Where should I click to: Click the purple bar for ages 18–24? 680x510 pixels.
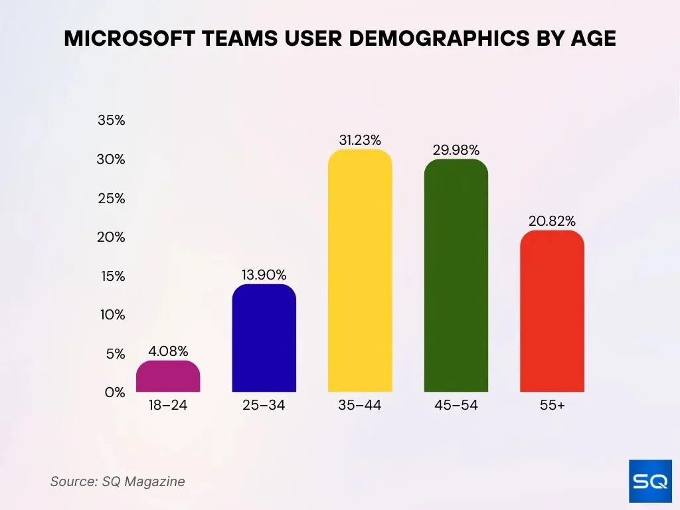click(x=168, y=376)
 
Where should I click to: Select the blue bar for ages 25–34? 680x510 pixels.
click(x=264, y=338)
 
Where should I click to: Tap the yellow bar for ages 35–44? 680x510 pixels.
click(x=360, y=271)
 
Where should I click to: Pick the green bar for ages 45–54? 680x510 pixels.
click(x=456, y=276)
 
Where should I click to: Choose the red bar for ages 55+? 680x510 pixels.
click(x=552, y=311)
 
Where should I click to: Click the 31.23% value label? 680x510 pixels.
click(x=360, y=140)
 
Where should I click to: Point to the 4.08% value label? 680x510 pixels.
click(x=167, y=351)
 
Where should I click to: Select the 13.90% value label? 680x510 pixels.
click(x=264, y=274)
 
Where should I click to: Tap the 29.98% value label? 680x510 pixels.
click(x=456, y=150)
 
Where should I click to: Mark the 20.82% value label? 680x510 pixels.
click(x=552, y=221)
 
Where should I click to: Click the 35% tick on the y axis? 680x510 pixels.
click(x=112, y=121)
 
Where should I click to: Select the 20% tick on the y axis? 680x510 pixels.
click(x=112, y=237)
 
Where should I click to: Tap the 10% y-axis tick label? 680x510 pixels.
click(x=112, y=315)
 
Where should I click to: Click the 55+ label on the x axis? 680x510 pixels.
click(x=552, y=405)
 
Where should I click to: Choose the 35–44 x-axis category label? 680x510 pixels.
click(x=360, y=405)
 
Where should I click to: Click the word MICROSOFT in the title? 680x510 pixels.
click(x=127, y=39)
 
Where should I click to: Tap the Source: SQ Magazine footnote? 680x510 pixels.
click(x=118, y=481)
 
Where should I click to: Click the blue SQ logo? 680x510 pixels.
click(x=649, y=481)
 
